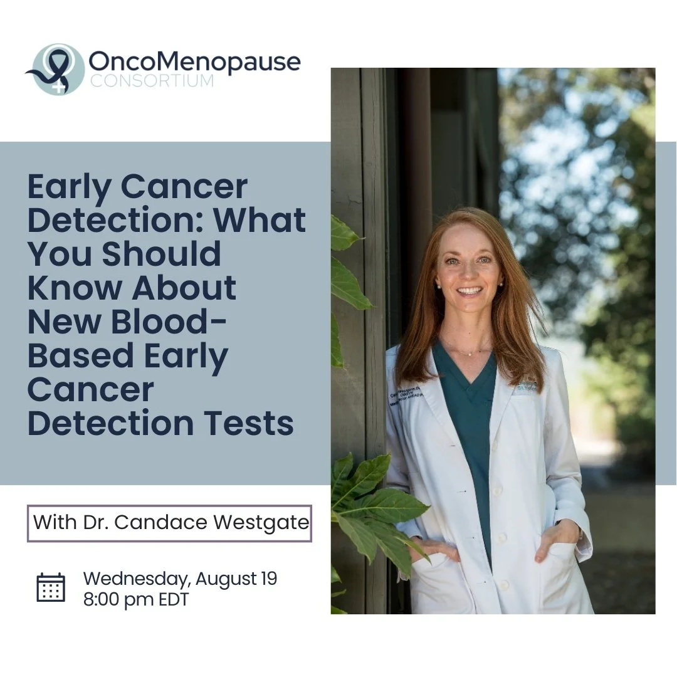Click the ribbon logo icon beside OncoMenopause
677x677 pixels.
coord(56,69)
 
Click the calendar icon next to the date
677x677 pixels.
coord(51,587)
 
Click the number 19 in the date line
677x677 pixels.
coord(268,579)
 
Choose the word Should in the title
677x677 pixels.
coord(161,254)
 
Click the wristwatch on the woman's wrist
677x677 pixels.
coord(580,532)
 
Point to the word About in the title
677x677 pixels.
coord(184,288)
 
